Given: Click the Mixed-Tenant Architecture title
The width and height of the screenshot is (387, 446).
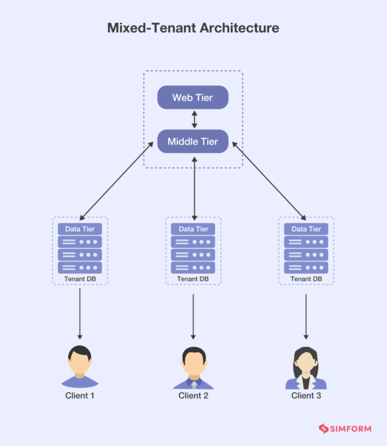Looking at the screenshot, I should (193, 28).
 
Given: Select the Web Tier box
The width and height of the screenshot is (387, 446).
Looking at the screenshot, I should (192, 97).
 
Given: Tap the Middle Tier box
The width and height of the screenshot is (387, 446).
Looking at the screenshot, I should (192, 141).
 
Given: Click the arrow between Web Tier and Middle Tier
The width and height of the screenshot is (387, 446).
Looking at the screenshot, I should (194, 119).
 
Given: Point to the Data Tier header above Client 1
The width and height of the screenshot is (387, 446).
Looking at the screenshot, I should (80, 229).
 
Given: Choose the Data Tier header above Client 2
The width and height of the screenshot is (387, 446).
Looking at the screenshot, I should (193, 229).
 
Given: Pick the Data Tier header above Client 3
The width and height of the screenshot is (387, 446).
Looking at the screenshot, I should (306, 229).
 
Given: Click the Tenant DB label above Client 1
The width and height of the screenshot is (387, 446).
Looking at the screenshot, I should (80, 279).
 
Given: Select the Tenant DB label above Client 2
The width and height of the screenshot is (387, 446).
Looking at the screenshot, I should (193, 279).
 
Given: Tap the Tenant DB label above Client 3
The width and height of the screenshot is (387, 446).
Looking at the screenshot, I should (306, 279).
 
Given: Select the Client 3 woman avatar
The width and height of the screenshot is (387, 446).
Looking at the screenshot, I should (306, 368).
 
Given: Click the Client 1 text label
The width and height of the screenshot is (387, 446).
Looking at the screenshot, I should (80, 396).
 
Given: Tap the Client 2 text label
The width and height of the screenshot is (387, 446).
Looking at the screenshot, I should (193, 396).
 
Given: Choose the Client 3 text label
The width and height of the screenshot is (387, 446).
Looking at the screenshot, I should (306, 396).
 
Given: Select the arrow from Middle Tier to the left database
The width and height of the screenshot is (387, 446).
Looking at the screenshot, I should (117, 180).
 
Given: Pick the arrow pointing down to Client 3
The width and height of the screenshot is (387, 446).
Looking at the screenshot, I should (306, 314).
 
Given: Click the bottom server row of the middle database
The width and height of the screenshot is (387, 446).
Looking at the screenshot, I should (193, 267).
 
